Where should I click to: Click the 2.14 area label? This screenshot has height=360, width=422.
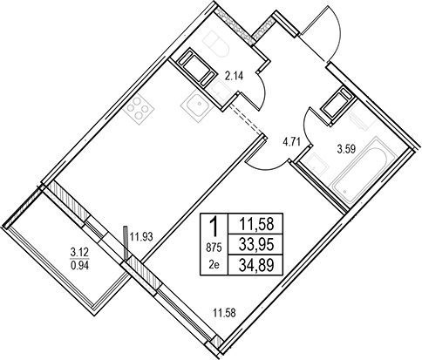click(x=235, y=77)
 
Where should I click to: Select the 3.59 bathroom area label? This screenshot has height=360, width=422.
click(x=346, y=151)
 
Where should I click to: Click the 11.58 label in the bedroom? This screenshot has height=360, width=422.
click(x=224, y=313)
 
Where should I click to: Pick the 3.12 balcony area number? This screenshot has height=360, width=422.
click(x=80, y=252)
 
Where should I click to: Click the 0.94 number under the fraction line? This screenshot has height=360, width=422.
click(x=80, y=266)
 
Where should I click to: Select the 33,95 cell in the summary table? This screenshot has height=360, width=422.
click(x=256, y=245)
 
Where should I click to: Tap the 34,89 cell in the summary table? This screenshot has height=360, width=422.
click(x=256, y=265)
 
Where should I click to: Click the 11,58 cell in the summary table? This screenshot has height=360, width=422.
click(x=256, y=224)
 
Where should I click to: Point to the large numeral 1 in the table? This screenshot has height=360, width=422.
click(x=214, y=227)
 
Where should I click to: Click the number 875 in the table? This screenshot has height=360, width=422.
click(x=214, y=248)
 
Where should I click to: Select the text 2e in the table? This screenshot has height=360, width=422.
click(x=214, y=265)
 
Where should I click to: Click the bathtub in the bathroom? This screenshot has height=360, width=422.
click(x=359, y=173)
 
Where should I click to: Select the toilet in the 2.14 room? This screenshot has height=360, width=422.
click(x=216, y=44)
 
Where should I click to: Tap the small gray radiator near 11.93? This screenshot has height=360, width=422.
click(x=126, y=243)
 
